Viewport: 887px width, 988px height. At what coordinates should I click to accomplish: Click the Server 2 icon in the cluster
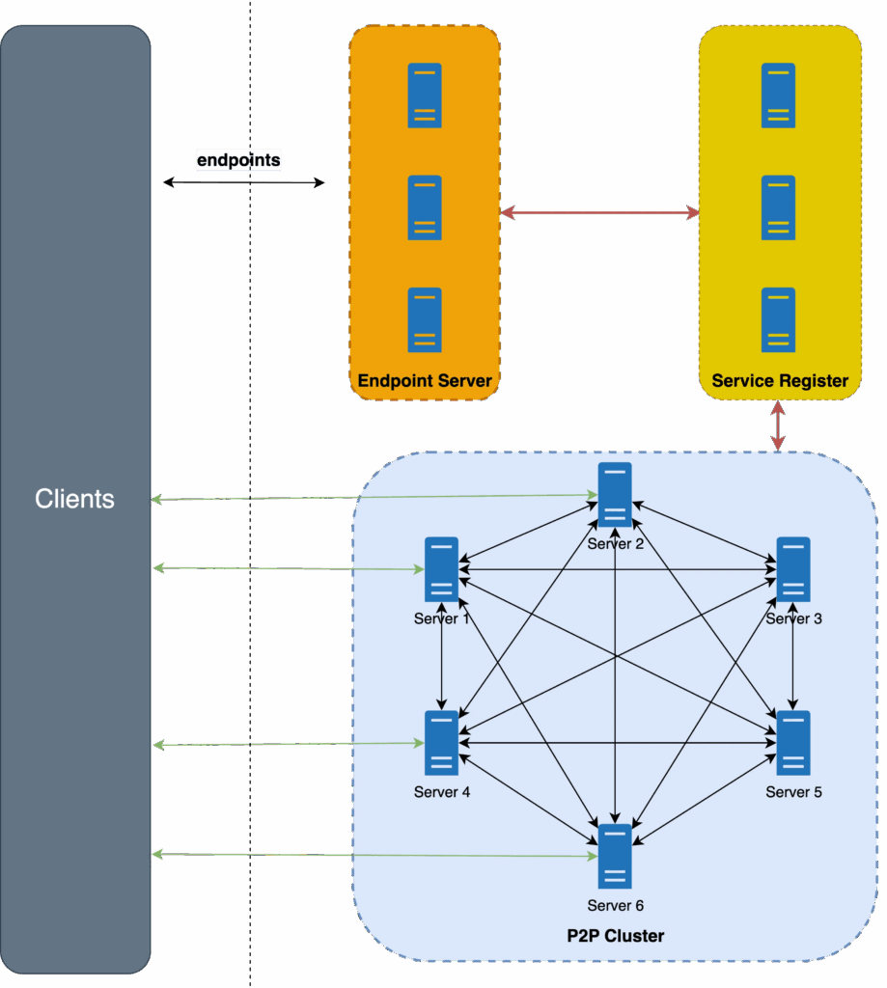(615, 494)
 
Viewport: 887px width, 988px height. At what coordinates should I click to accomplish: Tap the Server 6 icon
(615, 856)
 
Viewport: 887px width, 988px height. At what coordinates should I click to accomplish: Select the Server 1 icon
(441, 568)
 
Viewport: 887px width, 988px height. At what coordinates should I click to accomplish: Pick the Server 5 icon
(793, 743)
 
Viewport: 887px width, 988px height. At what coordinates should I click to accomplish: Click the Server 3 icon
(793, 569)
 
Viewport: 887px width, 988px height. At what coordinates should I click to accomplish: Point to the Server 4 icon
(441, 743)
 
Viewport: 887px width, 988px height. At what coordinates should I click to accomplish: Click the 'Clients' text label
(74, 499)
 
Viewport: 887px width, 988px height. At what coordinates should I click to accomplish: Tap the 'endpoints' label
(238, 160)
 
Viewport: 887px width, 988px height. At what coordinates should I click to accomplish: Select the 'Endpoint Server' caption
(425, 381)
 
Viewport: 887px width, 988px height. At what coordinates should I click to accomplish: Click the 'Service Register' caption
(780, 381)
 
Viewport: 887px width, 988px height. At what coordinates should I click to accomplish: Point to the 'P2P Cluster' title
(615, 936)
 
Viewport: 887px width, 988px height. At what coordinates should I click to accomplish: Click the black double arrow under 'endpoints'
(243, 181)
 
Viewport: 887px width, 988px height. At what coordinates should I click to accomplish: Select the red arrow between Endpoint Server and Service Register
(599, 211)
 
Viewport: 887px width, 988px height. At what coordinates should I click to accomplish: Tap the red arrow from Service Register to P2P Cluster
(777, 426)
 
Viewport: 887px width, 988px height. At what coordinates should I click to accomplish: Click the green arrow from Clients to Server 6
(372, 855)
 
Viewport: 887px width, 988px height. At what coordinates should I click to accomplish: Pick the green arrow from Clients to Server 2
(372, 497)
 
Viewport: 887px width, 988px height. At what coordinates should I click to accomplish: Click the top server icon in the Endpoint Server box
(425, 95)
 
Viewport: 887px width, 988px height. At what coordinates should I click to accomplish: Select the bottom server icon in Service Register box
(778, 319)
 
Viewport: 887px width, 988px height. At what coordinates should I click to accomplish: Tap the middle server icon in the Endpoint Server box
(425, 207)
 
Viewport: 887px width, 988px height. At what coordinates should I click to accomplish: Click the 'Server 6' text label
(615, 906)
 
